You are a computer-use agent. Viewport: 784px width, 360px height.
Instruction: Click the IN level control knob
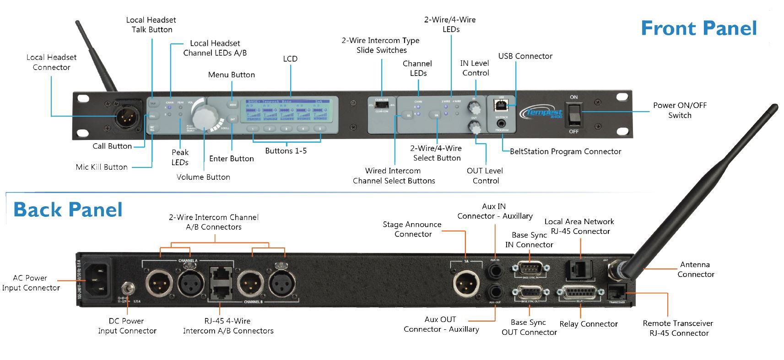pyautogui.click(x=475, y=108)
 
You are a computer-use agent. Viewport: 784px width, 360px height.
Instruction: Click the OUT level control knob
pyautogui.click(x=476, y=128)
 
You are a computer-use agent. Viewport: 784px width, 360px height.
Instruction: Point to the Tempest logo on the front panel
pyautogui.click(x=543, y=112)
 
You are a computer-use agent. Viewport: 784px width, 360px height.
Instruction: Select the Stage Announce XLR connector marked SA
pyautogui.click(x=465, y=283)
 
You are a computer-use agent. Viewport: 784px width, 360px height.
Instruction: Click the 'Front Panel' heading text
pyautogui.click(x=698, y=28)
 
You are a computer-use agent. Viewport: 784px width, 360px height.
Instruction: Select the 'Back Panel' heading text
pyautogui.click(x=68, y=210)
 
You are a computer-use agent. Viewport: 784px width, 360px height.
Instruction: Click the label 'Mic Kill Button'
pyautogui.click(x=102, y=167)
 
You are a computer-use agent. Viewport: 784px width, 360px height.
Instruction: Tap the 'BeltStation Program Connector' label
pyautogui.click(x=565, y=151)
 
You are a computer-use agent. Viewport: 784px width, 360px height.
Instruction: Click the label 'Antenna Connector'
pyautogui.click(x=695, y=269)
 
